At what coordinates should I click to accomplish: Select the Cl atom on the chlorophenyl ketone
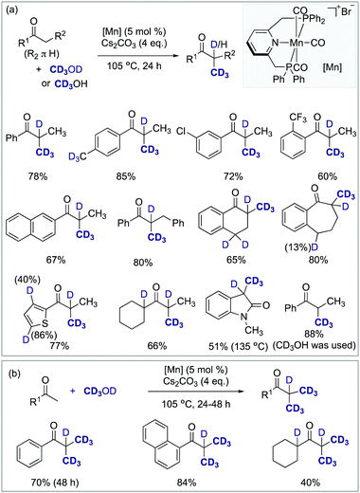pos(190,135)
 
